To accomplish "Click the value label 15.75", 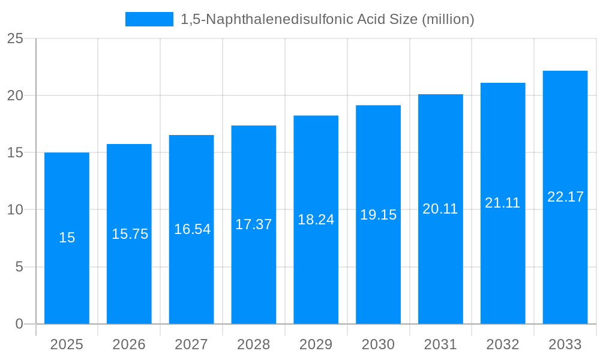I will tap(130, 234).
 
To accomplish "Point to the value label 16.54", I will tap(192, 229).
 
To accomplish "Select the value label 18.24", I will tap(316, 220).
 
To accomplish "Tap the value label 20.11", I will tap(440, 209).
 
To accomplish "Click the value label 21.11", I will tap(502, 203).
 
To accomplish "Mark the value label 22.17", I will tap(565, 197).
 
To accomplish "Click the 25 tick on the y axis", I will tap(15, 39).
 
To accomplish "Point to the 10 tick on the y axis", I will tap(15, 210).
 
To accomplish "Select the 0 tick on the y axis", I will tap(19, 324).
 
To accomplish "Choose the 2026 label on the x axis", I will tap(129, 344).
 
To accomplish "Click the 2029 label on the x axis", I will tap(316, 344).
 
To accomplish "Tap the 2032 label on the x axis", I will tap(502, 344).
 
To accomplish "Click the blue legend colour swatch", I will tap(149, 19).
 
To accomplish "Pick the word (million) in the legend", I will tap(448, 19).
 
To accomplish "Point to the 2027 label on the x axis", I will tap(191, 344).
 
